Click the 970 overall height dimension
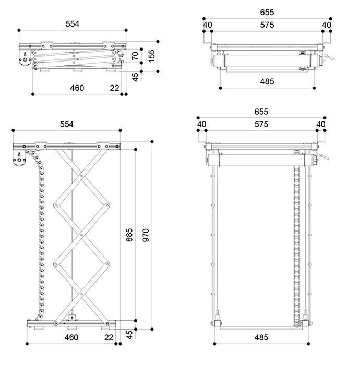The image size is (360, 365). [x=146, y=235]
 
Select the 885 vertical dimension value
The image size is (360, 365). [x=129, y=235]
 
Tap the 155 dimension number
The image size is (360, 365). [x=151, y=56]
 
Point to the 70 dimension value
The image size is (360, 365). [x=135, y=56]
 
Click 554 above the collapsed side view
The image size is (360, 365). [x=73, y=24]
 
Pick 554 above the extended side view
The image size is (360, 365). [x=67, y=124]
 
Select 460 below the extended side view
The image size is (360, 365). [x=71, y=337]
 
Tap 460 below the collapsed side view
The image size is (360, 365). [x=77, y=88]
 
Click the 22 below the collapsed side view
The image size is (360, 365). [x=115, y=88]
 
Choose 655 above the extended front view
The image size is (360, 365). [x=261, y=112]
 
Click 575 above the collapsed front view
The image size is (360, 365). [x=267, y=25]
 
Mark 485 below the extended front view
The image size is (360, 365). [x=261, y=337]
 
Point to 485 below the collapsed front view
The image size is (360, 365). [x=267, y=82]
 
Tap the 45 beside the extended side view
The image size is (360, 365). [x=129, y=335]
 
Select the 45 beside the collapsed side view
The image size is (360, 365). [x=135, y=77]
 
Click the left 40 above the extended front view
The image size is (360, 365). [x=202, y=124]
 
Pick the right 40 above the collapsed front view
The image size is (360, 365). [x=327, y=25]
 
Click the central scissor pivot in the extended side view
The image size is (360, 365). [x=82, y=235]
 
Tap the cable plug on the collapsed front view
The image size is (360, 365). [x=328, y=57]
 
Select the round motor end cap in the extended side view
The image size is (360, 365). [x=19, y=160]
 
